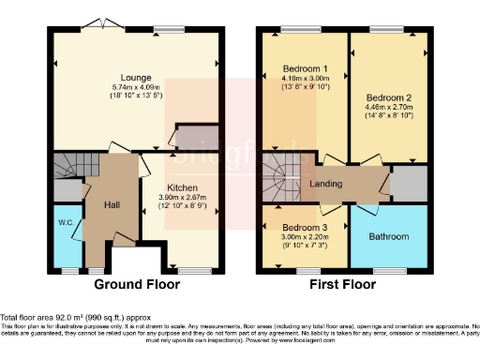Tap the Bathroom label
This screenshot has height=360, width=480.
(388, 237)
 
